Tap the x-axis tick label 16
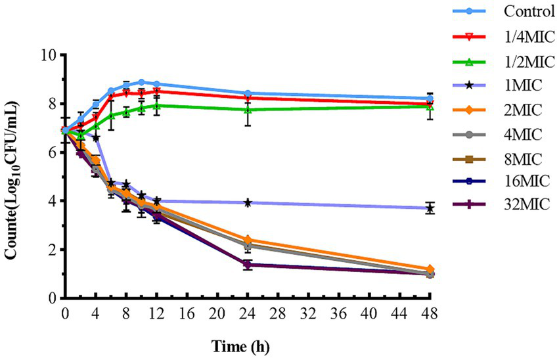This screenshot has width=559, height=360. coord(186,315)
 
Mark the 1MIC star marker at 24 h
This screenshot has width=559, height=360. coord(248,203)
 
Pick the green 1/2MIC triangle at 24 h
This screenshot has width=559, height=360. coord(248,110)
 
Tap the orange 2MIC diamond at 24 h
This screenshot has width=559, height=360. coord(248,240)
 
